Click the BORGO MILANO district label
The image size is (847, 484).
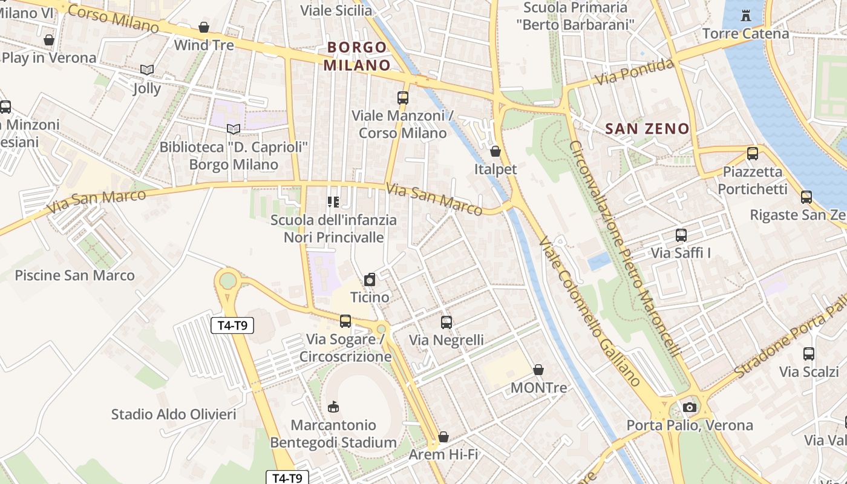[357, 56]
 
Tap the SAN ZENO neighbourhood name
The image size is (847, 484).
[647, 128]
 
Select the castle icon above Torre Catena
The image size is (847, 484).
[745, 15]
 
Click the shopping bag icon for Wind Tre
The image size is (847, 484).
[204, 27]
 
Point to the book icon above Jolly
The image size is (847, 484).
[147, 70]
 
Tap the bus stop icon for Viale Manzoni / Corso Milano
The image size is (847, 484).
[402, 97]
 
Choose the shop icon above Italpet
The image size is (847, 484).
[495, 151]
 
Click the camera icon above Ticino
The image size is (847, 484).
[370, 280]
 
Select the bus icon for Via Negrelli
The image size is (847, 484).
[446, 322]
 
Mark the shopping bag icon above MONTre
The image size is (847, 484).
[538, 370]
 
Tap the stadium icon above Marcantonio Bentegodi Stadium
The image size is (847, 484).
[333, 407]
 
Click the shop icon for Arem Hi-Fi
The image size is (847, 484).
[443, 437]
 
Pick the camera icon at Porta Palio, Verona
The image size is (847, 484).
[689, 407]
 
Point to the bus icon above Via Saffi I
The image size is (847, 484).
[681, 235]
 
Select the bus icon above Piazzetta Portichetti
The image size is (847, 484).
[753, 154]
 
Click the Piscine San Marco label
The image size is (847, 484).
[74, 275]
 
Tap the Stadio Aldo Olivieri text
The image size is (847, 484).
[174, 414]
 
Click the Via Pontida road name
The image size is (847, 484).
[634, 72]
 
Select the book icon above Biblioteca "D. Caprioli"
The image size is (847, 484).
[234, 129]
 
